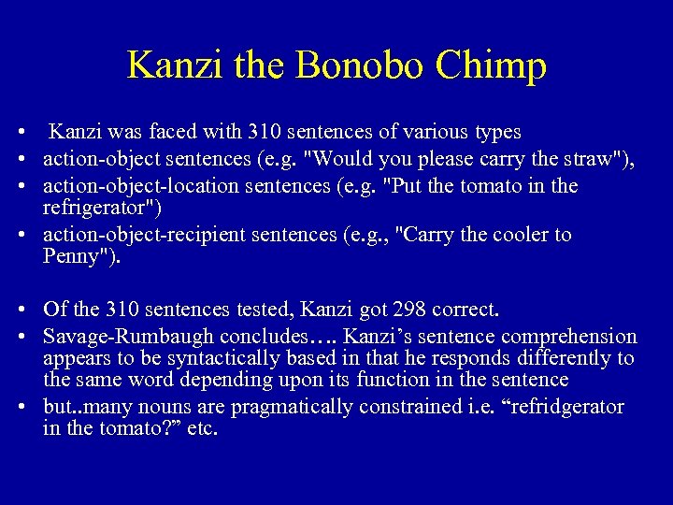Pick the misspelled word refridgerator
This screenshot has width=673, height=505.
[x=563, y=408]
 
